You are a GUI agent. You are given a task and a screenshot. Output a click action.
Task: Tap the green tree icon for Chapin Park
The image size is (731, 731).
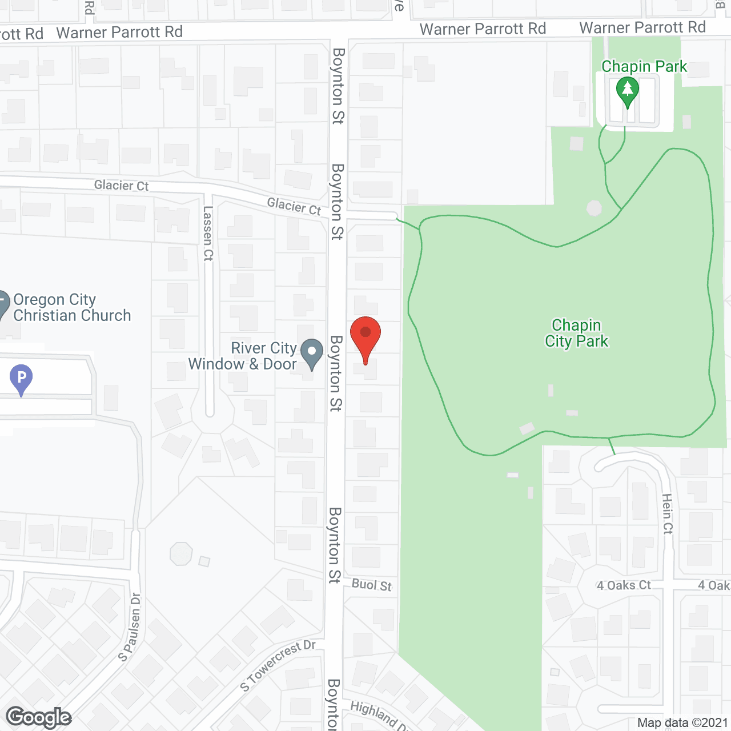(628, 91)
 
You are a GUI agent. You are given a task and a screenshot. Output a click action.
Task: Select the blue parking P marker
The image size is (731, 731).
(21, 378)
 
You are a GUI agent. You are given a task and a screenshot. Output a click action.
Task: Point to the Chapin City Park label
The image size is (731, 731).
(576, 333)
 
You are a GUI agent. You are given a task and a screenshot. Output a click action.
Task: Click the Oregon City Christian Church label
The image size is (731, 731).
(72, 307)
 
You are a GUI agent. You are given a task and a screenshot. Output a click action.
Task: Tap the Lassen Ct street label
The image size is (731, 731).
(208, 234)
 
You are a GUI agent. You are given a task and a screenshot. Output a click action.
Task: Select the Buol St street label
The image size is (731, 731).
(372, 585)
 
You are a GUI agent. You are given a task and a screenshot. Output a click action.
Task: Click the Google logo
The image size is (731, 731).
(39, 717)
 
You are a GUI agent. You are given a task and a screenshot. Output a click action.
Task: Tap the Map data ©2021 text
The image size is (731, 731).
(682, 722)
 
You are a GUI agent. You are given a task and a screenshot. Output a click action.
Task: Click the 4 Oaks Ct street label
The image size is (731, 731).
(624, 585)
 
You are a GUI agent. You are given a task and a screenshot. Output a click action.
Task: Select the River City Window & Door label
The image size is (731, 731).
(243, 356)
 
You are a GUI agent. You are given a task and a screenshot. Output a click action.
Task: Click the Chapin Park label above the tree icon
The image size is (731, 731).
(644, 66)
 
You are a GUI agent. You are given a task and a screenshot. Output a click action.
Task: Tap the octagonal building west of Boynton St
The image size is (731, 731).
(181, 553)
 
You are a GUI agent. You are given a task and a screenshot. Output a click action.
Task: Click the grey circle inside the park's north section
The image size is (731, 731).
(594, 208)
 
